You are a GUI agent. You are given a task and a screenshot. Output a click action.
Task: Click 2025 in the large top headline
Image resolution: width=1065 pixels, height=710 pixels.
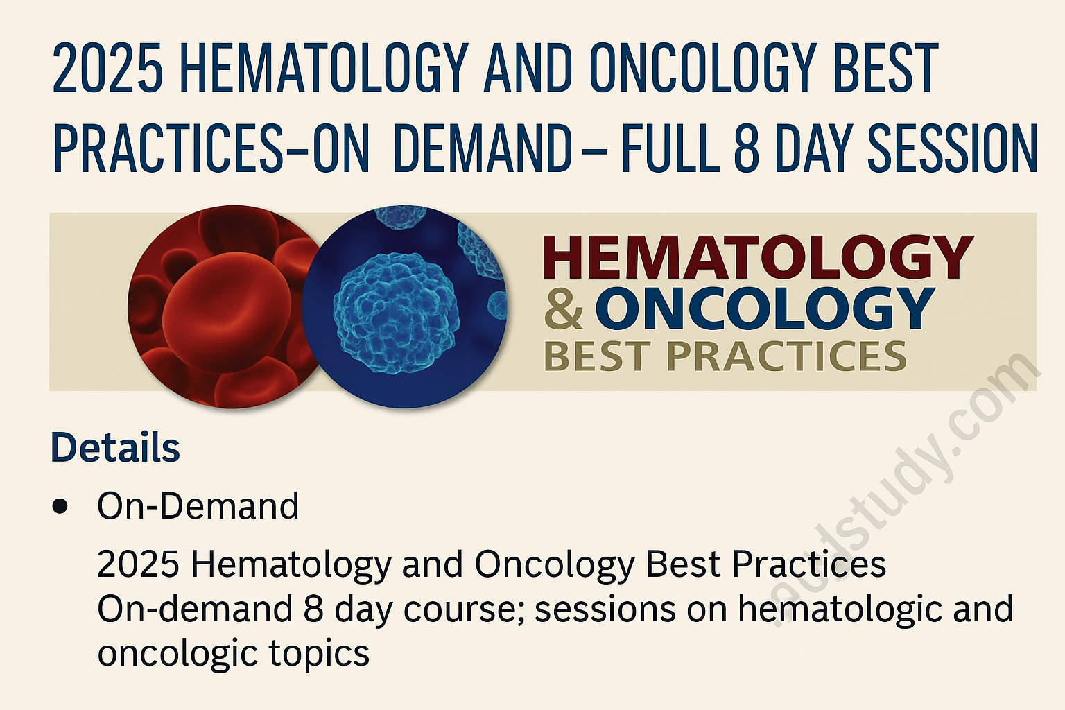(x=107, y=69)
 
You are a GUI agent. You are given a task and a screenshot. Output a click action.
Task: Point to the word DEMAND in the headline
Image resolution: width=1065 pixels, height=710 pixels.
(x=482, y=149)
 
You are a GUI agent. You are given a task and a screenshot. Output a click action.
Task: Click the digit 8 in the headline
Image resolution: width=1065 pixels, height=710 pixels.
(x=746, y=149)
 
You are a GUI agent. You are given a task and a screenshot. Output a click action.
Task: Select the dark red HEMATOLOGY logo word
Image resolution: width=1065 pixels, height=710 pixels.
(x=758, y=257)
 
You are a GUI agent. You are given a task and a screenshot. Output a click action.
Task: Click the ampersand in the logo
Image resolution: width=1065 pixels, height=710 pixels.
(x=563, y=309)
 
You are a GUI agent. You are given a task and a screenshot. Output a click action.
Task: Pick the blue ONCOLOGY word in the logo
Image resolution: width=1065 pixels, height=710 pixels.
(x=765, y=309)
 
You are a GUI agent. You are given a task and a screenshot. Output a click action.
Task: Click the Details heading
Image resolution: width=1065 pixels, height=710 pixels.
(x=115, y=448)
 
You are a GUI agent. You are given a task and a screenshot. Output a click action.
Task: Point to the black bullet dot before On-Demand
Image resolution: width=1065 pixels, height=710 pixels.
(x=60, y=506)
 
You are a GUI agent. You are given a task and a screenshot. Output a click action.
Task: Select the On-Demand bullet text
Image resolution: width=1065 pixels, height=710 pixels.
(x=198, y=506)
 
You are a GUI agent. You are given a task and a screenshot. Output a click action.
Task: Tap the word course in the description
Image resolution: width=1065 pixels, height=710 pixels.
(x=462, y=609)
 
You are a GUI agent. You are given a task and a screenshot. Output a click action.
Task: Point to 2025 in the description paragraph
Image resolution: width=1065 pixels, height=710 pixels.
(x=139, y=565)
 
